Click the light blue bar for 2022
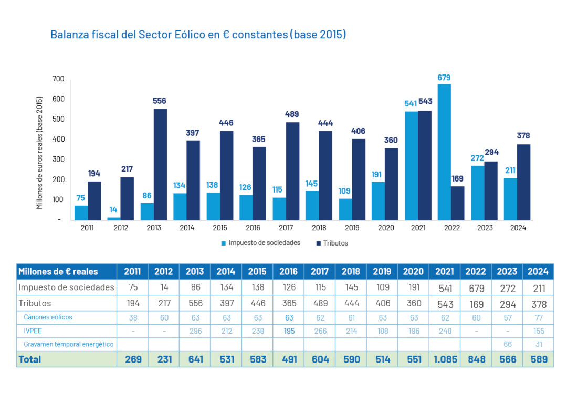point(444,152)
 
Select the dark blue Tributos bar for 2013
point(160,164)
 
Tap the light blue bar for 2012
point(114,218)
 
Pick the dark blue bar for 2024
point(523,182)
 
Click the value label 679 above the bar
point(444,78)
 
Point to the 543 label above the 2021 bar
point(425,103)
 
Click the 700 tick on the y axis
point(58,79)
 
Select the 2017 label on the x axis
point(286,228)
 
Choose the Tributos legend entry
point(335,243)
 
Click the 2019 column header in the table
point(382,271)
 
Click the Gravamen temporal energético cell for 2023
point(507,345)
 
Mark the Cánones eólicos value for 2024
point(538,317)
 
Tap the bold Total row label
point(30,359)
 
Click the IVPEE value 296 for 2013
point(195,331)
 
